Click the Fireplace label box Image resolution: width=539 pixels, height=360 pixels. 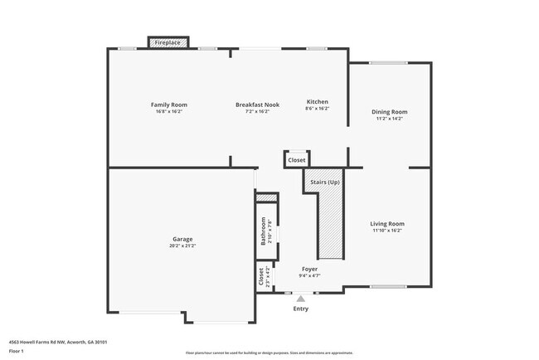pyautogui.click(x=168, y=42)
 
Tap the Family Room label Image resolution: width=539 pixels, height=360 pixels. pyautogui.click(x=168, y=105)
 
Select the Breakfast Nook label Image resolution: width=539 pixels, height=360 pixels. pyautogui.click(x=257, y=105)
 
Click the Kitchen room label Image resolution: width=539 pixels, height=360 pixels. pyautogui.click(x=318, y=101)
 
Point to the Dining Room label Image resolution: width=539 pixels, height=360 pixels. pyautogui.click(x=389, y=112)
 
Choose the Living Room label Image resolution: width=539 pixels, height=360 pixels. pyautogui.click(x=387, y=223)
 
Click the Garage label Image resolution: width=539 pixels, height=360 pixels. pyautogui.click(x=181, y=240)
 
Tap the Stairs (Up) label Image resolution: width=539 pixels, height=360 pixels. pyautogui.click(x=324, y=182)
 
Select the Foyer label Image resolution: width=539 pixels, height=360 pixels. pyautogui.click(x=309, y=269)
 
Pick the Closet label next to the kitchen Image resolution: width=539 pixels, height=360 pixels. pyautogui.click(x=297, y=159)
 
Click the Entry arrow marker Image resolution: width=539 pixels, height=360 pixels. pyautogui.click(x=301, y=299)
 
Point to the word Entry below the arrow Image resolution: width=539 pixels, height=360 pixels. pyautogui.click(x=301, y=309)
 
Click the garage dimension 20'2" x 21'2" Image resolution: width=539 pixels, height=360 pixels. pyautogui.click(x=181, y=246)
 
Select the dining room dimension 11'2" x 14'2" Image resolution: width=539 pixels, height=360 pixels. pyautogui.click(x=389, y=119)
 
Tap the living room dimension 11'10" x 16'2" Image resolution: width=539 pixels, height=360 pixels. pyautogui.click(x=387, y=230)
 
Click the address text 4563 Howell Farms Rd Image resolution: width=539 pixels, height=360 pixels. pyautogui.click(x=58, y=342)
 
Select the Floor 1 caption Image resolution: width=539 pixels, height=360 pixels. pyautogui.click(x=17, y=351)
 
